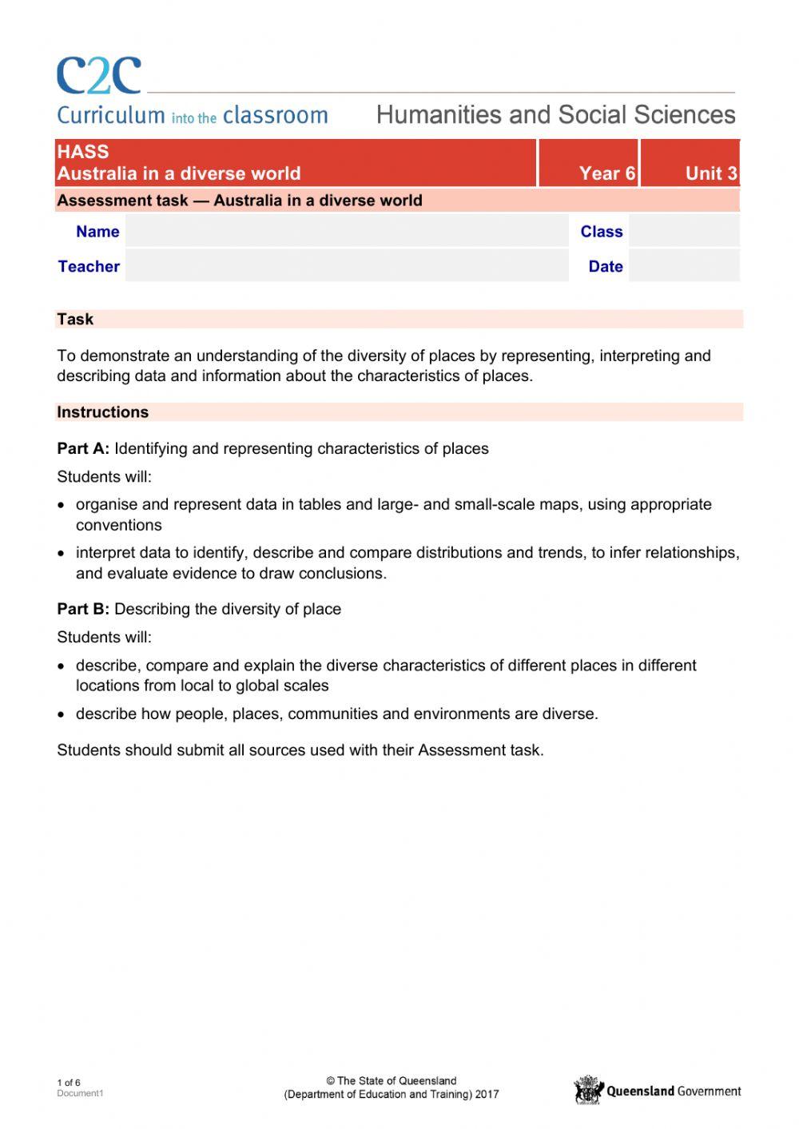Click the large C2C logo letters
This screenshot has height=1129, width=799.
coord(98,76)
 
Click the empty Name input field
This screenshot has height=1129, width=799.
coord(346,232)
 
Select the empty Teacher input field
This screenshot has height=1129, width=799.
coord(346,266)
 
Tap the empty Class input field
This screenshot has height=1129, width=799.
coord(683,232)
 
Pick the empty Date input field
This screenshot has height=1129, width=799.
coord(683,266)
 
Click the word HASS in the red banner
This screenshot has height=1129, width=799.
coord(83,152)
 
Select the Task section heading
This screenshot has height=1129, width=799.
coord(75,320)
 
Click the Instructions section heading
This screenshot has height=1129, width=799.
coord(102,412)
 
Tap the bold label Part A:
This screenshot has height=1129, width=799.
coord(83,449)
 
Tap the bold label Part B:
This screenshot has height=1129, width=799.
coord(83,610)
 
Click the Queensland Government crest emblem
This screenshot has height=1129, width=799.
coord(588,1091)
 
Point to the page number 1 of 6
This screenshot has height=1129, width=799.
coord(69,1083)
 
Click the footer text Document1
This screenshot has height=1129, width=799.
coord(80,1094)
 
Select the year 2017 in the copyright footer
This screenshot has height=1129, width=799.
coord(487,1095)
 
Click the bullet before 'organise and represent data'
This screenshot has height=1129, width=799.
coord(62,506)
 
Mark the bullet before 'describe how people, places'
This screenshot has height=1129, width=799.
coord(62,715)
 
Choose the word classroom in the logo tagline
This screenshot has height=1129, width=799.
coord(275,116)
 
